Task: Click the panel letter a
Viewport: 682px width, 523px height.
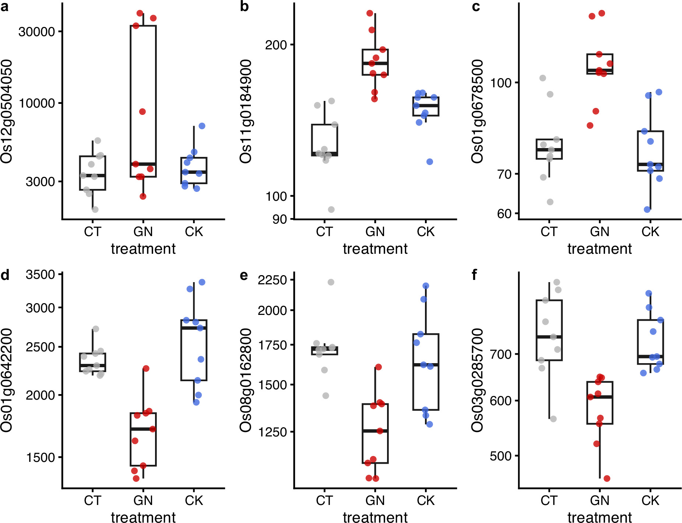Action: (x=4, y=7)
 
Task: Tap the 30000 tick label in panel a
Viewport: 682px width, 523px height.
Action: (x=36, y=32)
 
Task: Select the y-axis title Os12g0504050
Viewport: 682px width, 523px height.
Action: (x=7, y=111)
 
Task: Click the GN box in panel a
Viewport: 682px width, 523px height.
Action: (x=143, y=101)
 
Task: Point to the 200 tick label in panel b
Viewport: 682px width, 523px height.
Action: (x=276, y=45)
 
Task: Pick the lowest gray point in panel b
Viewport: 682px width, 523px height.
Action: (x=331, y=210)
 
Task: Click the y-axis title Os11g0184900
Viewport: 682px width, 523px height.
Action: (x=246, y=111)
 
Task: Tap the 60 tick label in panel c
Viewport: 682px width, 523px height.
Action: (x=505, y=214)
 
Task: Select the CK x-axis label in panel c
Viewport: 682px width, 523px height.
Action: (x=650, y=232)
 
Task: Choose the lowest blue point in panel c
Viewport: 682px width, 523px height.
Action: (x=647, y=210)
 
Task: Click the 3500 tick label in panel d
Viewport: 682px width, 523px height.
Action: (x=40, y=274)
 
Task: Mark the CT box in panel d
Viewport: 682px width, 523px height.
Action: (x=93, y=362)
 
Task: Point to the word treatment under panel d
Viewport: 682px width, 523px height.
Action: (x=143, y=517)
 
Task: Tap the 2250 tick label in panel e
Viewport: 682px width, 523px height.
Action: (x=272, y=280)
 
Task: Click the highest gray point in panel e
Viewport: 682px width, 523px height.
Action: (x=331, y=282)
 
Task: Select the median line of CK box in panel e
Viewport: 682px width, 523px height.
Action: (x=426, y=365)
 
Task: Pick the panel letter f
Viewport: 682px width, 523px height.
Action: (x=475, y=275)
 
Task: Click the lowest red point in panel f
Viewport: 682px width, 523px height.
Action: (x=607, y=478)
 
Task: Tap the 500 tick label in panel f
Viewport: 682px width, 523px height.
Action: (x=501, y=456)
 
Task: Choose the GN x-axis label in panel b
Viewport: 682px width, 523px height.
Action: (x=375, y=232)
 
